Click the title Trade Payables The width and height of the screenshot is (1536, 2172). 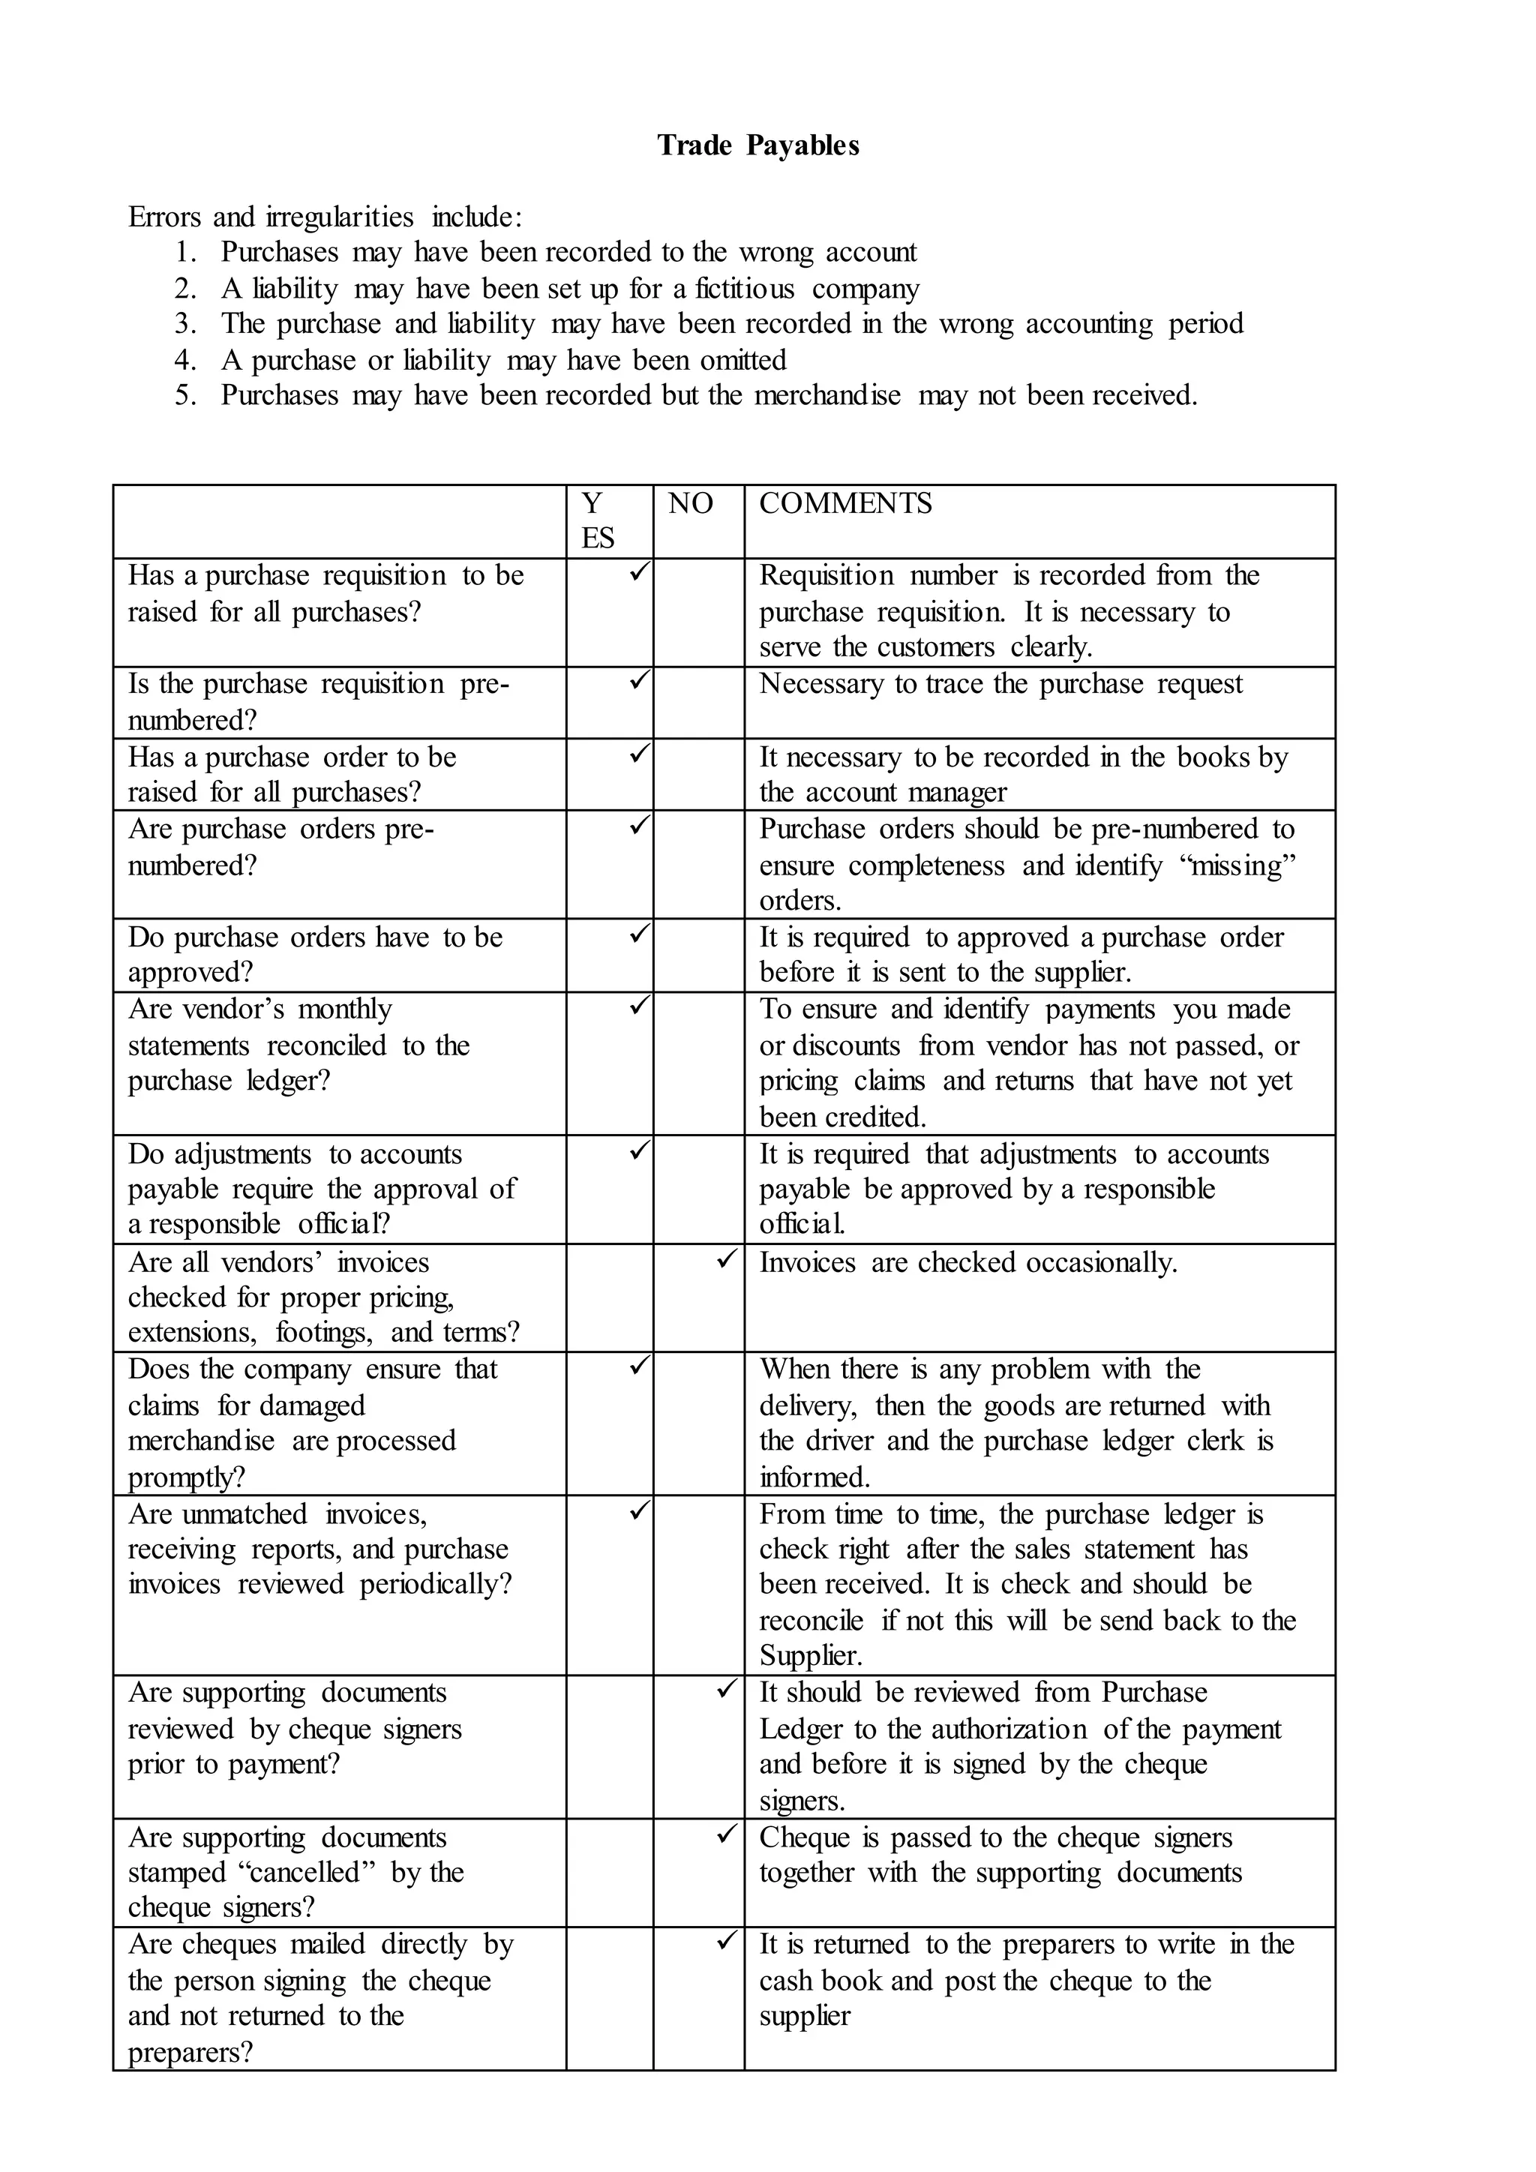point(757,145)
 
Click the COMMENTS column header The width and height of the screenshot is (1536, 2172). point(844,503)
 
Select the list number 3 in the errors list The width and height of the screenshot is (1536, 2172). point(184,323)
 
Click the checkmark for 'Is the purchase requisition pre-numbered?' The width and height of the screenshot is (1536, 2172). point(639,679)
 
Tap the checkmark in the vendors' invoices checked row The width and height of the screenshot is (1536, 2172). point(727,1258)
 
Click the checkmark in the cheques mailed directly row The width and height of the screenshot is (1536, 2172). point(727,1940)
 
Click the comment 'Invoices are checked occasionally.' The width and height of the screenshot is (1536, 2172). point(967,1262)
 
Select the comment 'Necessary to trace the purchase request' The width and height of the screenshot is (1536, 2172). point(1000,684)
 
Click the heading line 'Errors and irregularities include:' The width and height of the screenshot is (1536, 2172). point(325,217)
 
